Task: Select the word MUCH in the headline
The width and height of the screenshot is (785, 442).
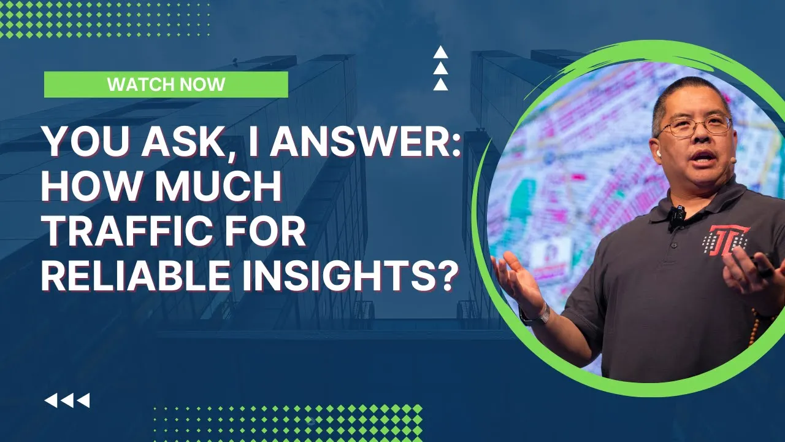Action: coord(218,185)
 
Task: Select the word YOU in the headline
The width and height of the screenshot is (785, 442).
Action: coord(85,142)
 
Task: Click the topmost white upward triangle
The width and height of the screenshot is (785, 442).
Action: coord(440,52)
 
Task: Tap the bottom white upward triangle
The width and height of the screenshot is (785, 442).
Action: coord(440,84)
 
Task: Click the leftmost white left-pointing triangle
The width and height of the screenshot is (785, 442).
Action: coord(51,401)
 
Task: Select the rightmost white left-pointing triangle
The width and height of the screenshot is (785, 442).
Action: coord(83,401)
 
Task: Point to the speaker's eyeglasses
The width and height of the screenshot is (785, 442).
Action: coord(695,126)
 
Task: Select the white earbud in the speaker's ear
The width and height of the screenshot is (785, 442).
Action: coord(659,153)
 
